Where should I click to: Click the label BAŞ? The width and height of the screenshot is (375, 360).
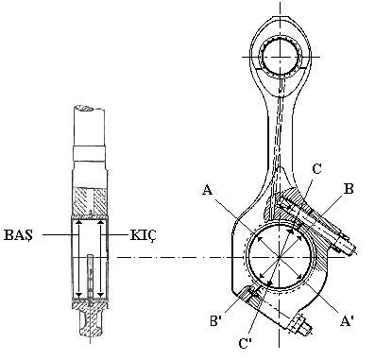18,235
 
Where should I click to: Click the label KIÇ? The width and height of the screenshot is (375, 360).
144,235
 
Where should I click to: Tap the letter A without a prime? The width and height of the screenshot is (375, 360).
207,190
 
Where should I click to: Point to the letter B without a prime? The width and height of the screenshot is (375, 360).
349,189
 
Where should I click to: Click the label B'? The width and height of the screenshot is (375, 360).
217,321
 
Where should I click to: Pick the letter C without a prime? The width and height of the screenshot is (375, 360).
316,169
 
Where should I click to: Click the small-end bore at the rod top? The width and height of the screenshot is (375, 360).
280,57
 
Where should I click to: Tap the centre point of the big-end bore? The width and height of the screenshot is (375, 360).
280,258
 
